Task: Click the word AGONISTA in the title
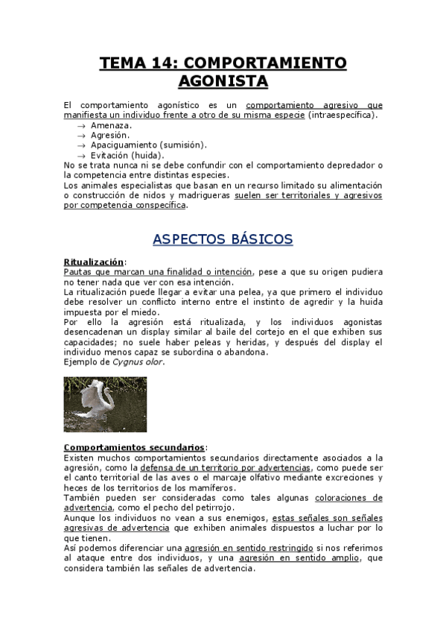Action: (x=223, y=80)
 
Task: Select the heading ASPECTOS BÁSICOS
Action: (x=223, y=239)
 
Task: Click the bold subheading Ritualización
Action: (x=94, y=262)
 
